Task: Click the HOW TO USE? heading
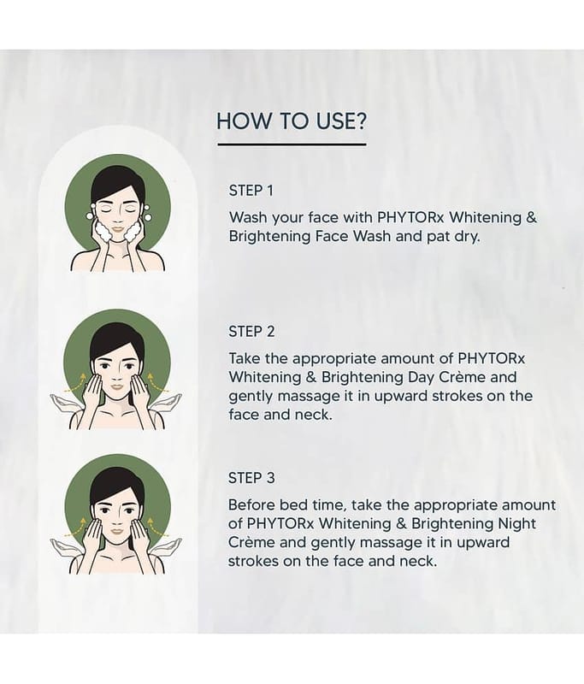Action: click(x=292, y=121)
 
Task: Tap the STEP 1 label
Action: click(x=251, y=191)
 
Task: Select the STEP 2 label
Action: click(x=251, y=332)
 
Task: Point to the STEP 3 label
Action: click(x=251, y=478)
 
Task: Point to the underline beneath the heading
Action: click(x=292, y=144)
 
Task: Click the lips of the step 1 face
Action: click(x=118, y=228)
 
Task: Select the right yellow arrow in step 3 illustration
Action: click(x=157, y=527)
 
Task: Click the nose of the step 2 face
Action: click(x=117, y=374)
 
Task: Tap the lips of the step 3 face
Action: click(x=117, y=532)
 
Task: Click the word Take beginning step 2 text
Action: click(x=245, y=358)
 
